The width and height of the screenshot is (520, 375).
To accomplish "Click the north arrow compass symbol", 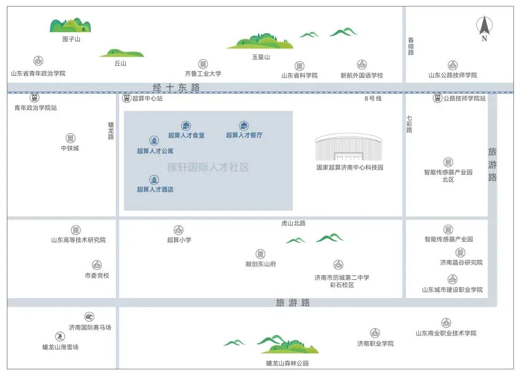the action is click(484, 27).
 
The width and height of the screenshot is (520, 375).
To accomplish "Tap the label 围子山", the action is click(71, 39).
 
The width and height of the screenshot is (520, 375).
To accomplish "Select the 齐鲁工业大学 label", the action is click(203, 74).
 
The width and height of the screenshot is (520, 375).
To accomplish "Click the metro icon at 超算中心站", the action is click(126, 98).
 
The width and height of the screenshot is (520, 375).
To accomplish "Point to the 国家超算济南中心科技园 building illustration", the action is click(349, 147).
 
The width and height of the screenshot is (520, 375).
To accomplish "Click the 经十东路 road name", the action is click(176, 87).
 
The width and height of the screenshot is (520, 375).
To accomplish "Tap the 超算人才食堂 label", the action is click(186, 135).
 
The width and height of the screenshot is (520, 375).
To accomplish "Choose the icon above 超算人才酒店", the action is click(154, 180).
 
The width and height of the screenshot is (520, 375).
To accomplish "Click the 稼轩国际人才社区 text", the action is click(208, 168).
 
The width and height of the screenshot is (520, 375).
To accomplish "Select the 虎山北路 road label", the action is click(293, 223).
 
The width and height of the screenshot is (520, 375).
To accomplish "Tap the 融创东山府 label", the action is click(261, 264).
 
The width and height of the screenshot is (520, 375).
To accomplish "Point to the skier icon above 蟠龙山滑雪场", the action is click(60, 337).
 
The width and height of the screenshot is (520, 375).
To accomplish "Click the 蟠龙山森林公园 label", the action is click(287, 363).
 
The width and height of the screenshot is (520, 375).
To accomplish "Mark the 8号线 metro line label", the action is click(373, 98).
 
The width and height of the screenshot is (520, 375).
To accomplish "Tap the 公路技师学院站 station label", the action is click(464, 98).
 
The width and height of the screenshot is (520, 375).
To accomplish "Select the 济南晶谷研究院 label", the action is click(461, 262).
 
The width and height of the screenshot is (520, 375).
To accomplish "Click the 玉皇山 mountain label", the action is click(261, 57).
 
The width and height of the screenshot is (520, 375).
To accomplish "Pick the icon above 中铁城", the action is click(70, 138).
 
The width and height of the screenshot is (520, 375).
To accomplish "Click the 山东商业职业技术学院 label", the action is click(446, 333).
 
